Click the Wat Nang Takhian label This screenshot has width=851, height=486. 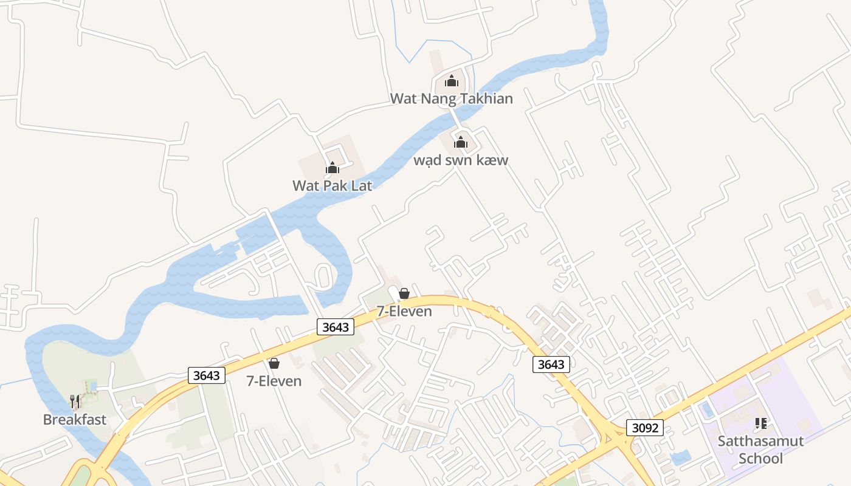[451, 98]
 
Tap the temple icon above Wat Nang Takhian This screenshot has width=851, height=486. [452, 81]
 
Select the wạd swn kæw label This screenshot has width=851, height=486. [461, 160]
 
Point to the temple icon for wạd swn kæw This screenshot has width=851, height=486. [461, 143]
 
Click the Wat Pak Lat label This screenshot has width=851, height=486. [332, 185]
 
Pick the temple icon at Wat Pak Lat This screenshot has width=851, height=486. [332, 168]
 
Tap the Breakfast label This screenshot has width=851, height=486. [75, 419]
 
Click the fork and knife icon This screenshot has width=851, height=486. [75, 402]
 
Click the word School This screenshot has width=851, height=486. [760, 458]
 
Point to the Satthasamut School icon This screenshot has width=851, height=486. [760, 423]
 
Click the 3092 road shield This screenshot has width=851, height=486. [645, 428]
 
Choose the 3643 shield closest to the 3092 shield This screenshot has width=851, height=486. [551, 364]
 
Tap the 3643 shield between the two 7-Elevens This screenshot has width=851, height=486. [336, 327]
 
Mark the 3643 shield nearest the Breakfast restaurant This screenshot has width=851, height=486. [207, 375]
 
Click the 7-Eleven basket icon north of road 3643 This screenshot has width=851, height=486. [404, 294]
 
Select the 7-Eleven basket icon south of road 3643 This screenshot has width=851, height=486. [274, 363]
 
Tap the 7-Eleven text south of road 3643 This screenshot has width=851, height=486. [274, 381]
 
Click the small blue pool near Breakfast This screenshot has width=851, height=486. [92, 386]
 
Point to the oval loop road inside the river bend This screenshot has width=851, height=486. [322, 277]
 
